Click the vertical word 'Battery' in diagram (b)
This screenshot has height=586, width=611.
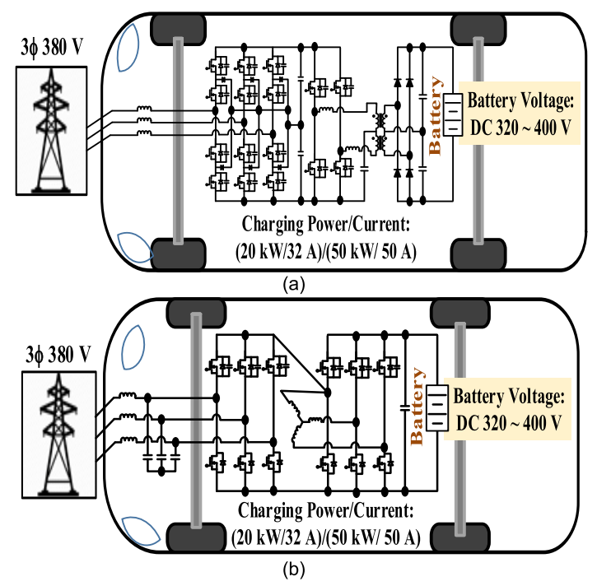[418, 407]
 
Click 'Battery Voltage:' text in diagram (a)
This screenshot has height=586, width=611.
[517, 103]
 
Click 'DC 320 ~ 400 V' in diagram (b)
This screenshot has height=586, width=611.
[508, 422]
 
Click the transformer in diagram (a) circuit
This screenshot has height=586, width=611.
[381, 132]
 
